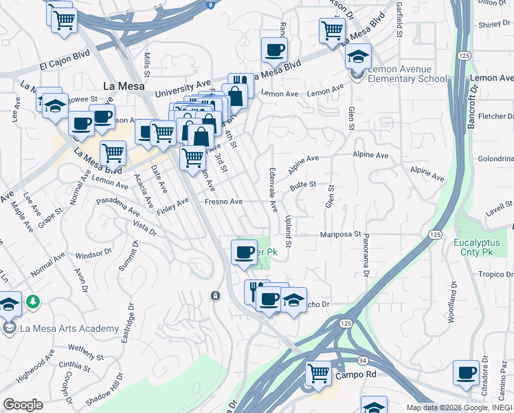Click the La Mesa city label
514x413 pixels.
pos(122,86)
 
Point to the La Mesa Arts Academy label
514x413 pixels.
pos(69,328)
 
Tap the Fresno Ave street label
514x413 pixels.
pos(224,202)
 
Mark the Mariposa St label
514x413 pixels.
pos(340,235)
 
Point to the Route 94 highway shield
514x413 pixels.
pos(363,360)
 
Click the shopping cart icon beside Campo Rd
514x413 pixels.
pos(318,374)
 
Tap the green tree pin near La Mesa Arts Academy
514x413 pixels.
pos(32,301)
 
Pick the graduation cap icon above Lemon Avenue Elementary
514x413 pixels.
pos(358,56)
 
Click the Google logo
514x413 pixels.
pos(23,405)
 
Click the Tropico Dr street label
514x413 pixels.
pos(493,273)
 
